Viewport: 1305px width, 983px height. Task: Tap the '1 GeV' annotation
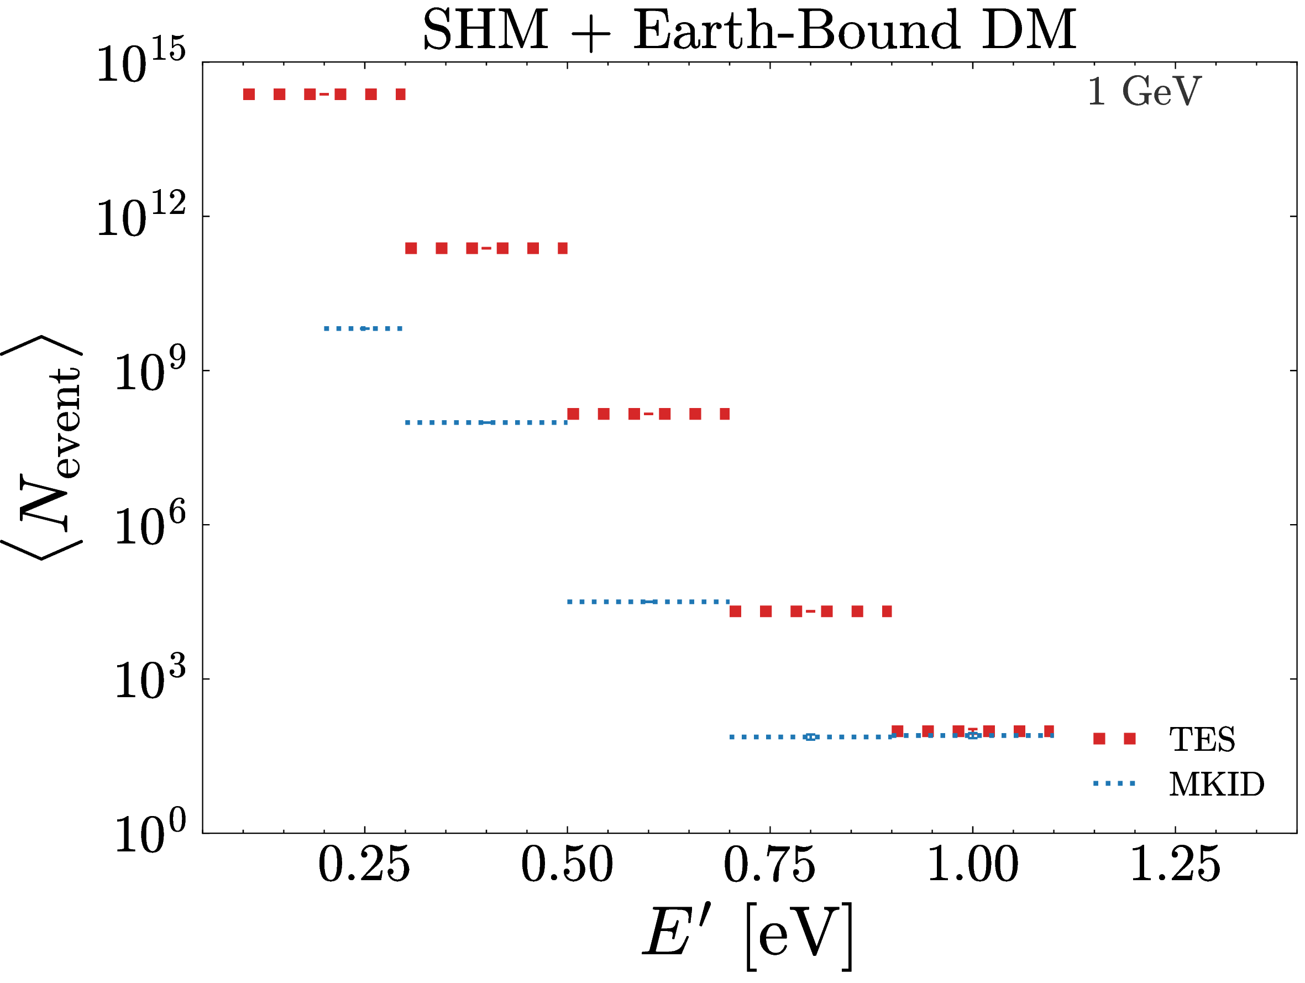coord(1144,91)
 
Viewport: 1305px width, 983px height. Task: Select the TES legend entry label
coord(1202,739)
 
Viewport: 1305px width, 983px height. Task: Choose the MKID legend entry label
coord(1217,784)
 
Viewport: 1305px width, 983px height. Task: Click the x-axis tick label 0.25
coord(364,865)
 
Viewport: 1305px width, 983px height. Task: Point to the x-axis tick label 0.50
coord(567,865)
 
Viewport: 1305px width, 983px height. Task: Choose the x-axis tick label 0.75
coord(770,865)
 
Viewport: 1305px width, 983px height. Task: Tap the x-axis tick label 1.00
coord(973,865)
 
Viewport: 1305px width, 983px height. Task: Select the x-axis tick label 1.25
coord(1175,865)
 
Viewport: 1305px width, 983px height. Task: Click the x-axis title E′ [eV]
coord(748,937)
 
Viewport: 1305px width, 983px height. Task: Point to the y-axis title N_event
coord(43,447)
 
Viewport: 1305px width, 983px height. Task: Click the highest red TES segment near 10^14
coord(324,95)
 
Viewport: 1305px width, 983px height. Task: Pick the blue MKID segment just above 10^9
coord(363,328)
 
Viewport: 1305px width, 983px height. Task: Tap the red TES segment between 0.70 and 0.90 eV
coord(811,611)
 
